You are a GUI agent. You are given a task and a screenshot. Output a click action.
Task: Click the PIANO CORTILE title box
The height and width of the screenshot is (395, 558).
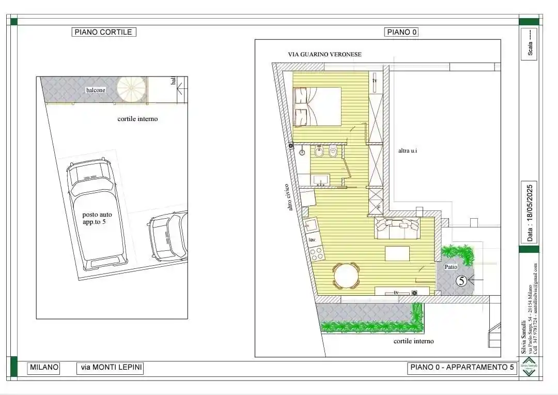[103, 32]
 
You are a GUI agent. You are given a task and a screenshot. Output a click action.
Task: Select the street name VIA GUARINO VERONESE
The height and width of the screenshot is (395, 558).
[324, 54]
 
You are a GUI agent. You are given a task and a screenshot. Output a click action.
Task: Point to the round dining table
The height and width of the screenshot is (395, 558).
[346, 276]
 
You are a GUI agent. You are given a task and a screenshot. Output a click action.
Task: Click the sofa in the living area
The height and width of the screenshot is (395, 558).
[397, 227]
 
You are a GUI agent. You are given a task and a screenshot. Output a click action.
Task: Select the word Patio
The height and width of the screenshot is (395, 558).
[451, 267]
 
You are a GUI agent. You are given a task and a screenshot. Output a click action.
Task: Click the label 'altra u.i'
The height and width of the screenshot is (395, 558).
[408, 151]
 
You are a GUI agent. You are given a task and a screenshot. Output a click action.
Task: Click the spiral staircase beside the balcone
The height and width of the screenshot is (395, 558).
[131, 89]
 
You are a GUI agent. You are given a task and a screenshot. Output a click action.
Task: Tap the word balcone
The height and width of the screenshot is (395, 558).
[96, 90]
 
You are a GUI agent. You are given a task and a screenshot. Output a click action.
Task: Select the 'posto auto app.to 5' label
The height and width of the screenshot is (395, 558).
[97, 218]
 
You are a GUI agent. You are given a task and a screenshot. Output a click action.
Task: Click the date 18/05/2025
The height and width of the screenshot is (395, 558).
[530, 212]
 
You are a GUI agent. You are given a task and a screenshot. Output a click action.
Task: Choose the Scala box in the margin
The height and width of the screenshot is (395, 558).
[529, 44]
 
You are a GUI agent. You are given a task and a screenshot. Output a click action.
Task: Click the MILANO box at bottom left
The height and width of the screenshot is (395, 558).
[44, 368]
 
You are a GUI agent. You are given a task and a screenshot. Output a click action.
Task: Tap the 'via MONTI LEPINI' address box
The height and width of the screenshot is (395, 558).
[110, 368]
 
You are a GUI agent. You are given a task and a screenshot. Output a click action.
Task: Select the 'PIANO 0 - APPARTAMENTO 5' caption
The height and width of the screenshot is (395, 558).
[461, 368]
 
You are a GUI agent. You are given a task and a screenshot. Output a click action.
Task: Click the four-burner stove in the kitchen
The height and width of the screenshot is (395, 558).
[316, 253]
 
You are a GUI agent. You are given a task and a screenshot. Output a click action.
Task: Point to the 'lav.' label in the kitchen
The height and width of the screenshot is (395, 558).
[312, 240]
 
